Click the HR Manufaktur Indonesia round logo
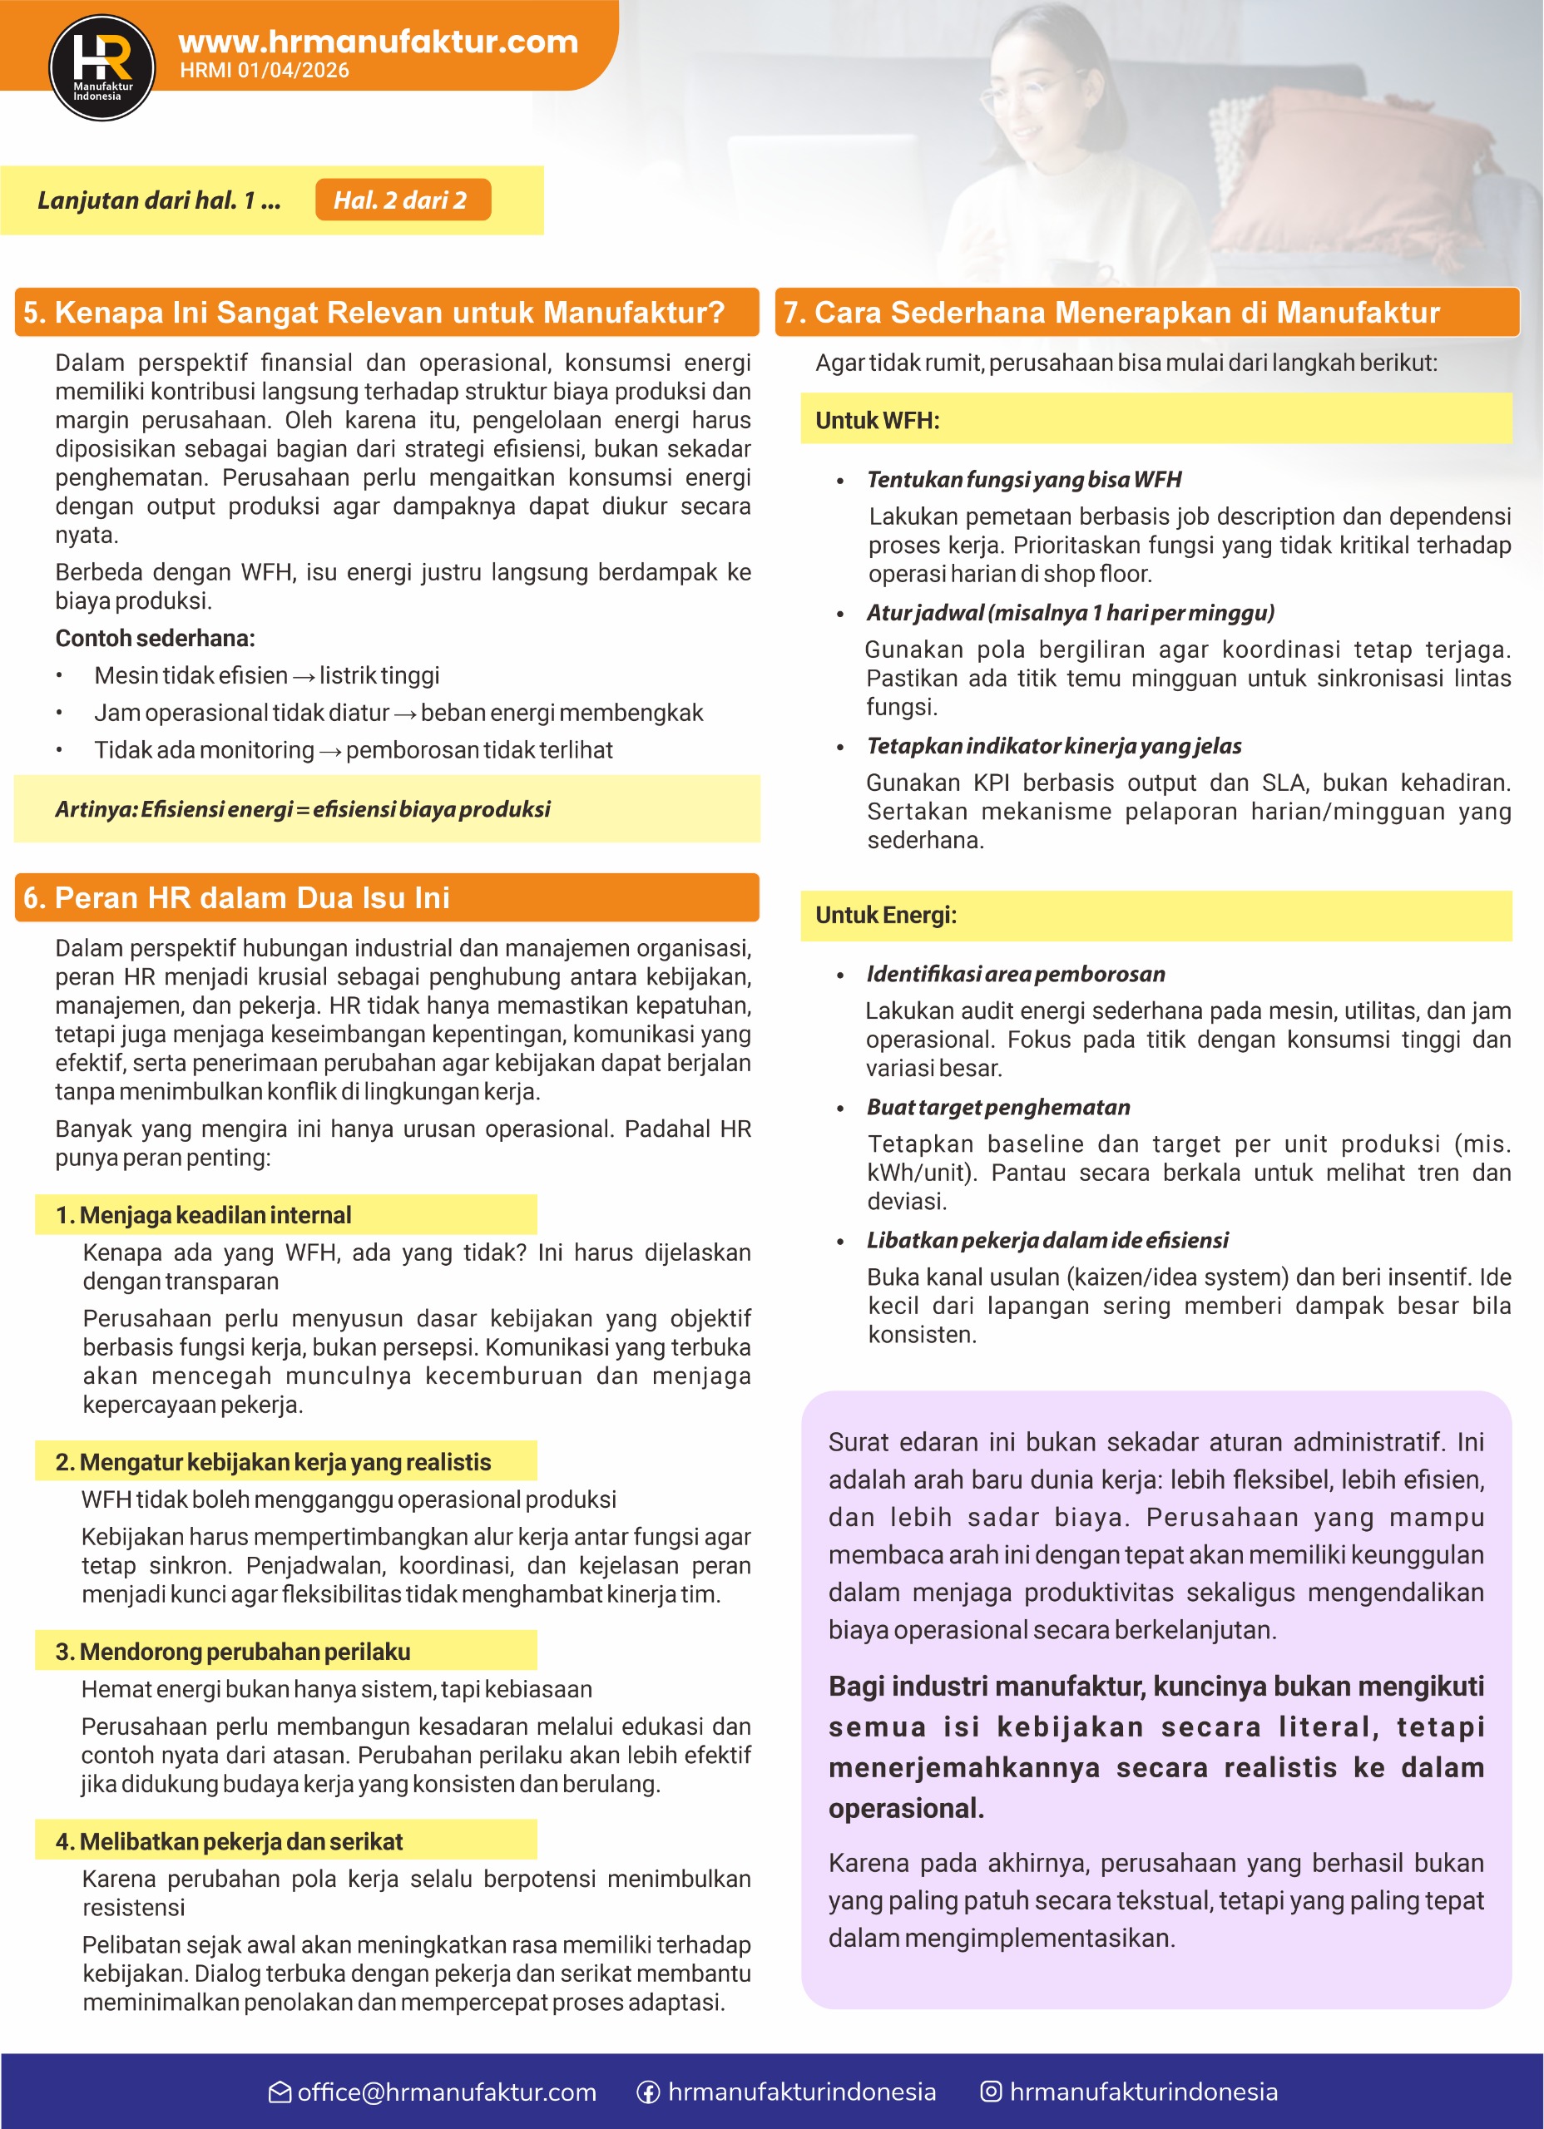(x=101, y=67)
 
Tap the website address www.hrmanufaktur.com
(x=378, y=42)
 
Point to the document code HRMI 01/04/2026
(x=264, y=71)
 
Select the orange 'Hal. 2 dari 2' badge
(x=402, y=200)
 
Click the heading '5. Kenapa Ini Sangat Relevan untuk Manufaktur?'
(x=374, y=313)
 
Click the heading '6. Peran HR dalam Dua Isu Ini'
(x=236, y=898)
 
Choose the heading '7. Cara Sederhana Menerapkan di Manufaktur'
(x=1111, y=313)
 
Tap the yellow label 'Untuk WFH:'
(x=877, y=421)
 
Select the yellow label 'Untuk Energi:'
(x=886, y=916)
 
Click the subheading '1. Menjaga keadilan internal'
(x=203, y=1216)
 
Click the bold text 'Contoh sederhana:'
(x=155, y=639)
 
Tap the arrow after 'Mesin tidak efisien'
(x=304, y=677)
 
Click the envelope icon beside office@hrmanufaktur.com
(x=280, y=2092)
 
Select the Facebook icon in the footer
(x=648, y=2092)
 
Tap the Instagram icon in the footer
(x=991, y=2092)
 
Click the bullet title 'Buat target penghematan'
(x=998, y=1108)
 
